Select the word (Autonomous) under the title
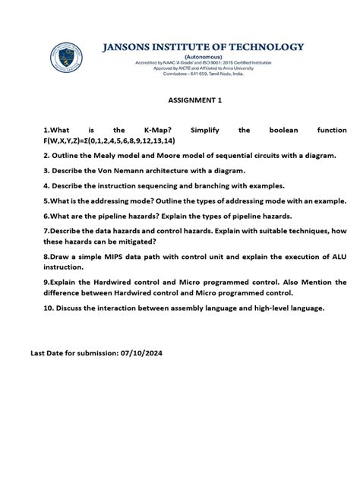tap(202, 56)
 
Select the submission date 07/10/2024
tap(141, 353)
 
